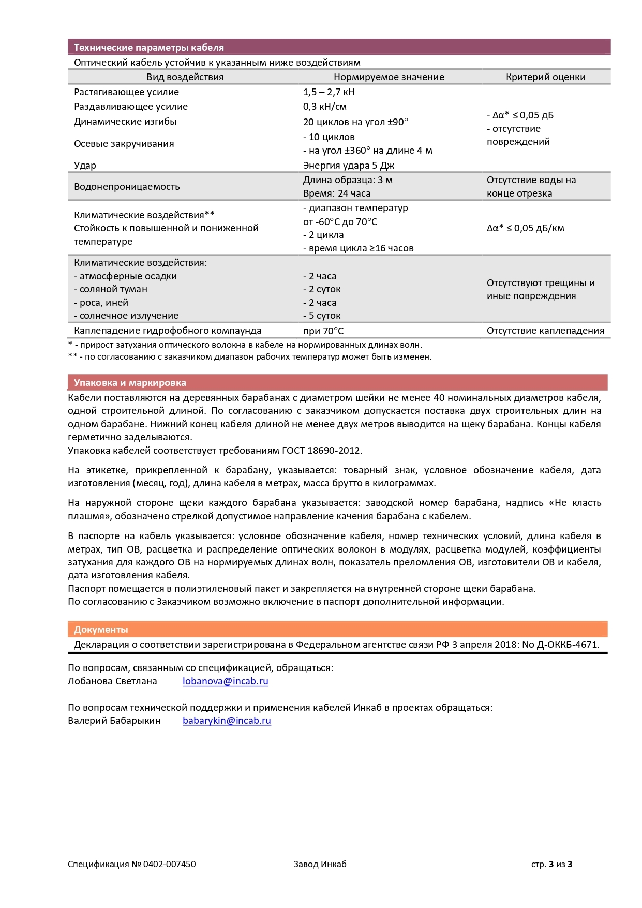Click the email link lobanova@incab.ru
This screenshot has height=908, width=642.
tap(225, 681)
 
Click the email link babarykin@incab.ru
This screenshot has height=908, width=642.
tap(227, 721)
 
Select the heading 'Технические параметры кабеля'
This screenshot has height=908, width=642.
tap(149, 48)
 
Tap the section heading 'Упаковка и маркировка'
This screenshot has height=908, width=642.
tap(130, 383)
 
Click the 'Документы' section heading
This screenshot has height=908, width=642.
tap(101, 630)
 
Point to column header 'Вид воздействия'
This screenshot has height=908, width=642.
tap(185, 77)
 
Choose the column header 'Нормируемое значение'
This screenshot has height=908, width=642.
tap(389, 77)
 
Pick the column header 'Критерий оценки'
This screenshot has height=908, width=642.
tap(545, 77)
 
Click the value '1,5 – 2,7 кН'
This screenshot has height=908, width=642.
tap(329, 92)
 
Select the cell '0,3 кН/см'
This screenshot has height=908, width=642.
tap(324, 107)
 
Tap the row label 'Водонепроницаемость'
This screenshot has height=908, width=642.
tap(127, 187)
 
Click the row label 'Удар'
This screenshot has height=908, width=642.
tap(85, 166)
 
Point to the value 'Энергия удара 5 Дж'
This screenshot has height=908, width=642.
tap(348, 166)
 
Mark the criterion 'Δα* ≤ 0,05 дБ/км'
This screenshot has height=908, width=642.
tap(525, 228)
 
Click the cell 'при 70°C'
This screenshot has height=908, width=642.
tap(323, 331)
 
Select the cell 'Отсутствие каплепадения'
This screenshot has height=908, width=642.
tap(545, 331)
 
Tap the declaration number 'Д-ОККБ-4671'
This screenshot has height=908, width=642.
tap(568, 645)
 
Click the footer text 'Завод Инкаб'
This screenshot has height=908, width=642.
tap(320, 864)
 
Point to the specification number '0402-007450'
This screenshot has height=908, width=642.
tap(169, 864)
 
